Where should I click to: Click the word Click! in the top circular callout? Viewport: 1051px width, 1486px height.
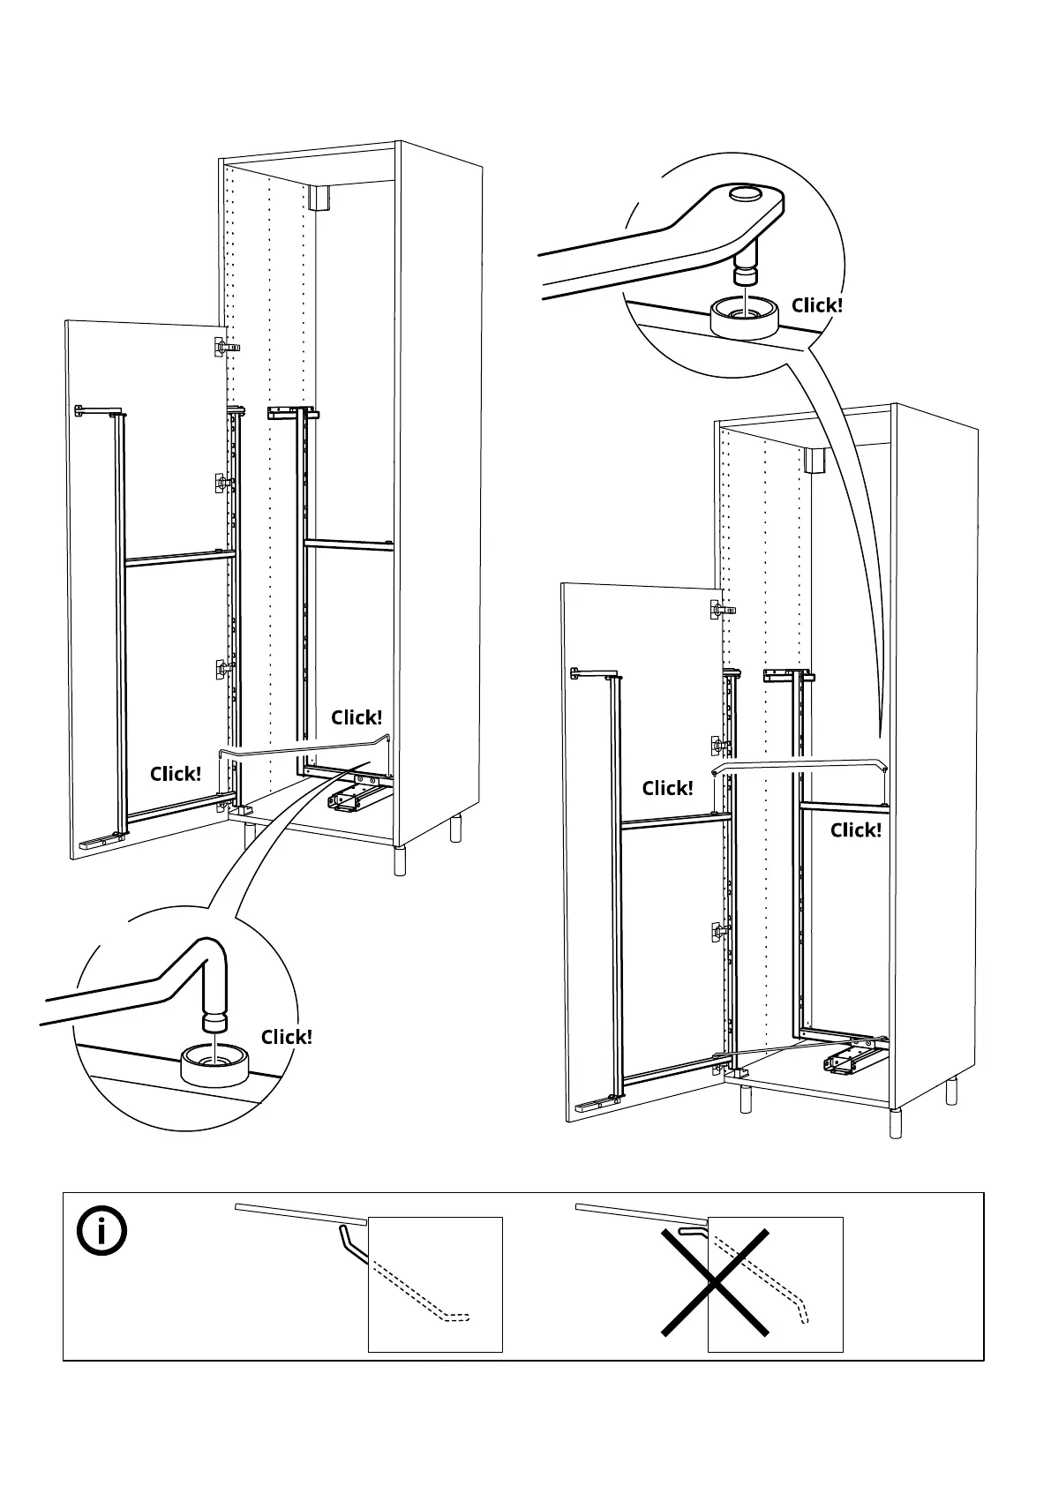(817, 305)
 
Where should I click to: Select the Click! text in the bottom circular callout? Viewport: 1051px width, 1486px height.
(286, 1037)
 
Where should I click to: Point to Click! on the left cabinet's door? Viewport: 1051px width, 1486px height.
(175, 774)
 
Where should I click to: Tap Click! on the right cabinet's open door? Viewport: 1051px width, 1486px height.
(667, 788)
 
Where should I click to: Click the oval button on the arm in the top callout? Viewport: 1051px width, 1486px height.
(745, 194)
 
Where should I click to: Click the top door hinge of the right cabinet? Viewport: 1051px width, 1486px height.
(722, 608)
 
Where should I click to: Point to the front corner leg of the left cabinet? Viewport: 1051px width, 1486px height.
(400, 860)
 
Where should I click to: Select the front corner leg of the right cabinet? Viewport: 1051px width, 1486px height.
(895, 1123)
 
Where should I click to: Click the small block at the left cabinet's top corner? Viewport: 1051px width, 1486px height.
(319, 197)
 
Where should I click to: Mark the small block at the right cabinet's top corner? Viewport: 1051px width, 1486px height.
(815, 460)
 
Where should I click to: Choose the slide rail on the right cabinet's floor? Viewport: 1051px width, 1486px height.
(852, 1059)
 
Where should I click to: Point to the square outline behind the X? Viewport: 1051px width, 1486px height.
(775, 1284)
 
